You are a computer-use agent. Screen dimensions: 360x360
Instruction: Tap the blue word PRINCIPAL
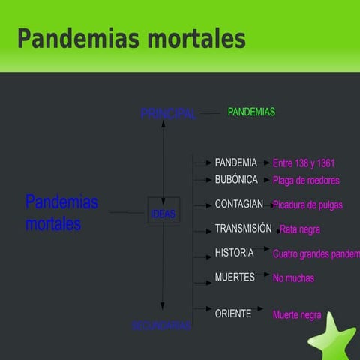point(168,114)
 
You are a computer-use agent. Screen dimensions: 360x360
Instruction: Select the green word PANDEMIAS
point(251,112)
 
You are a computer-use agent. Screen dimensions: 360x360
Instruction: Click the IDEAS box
point(163,214)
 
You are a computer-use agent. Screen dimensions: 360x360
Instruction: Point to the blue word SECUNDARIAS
point(161,325)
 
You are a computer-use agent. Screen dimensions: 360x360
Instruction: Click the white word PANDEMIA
point(235,163)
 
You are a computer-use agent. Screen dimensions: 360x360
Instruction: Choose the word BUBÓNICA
point(236,180)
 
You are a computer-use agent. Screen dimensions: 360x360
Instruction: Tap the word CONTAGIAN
point(238,204)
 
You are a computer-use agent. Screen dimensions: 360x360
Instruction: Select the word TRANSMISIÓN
point(243,229)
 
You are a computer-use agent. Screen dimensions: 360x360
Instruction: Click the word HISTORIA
point(234,253)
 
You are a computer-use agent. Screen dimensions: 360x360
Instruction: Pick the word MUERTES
point(235,277)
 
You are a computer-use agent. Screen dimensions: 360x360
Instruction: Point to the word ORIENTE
point(233,313)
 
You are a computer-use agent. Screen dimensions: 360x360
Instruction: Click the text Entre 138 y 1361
point(304,163)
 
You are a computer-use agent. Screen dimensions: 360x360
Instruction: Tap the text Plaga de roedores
point(306,181)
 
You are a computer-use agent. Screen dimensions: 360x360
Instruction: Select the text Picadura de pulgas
point(307,205)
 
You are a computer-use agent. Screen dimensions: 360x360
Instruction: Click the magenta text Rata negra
point(300,229)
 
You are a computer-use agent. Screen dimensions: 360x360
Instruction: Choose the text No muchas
point(293,278)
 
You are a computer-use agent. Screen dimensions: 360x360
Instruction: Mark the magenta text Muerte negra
point(297,315)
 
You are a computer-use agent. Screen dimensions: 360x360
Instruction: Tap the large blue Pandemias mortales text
point(61,213)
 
